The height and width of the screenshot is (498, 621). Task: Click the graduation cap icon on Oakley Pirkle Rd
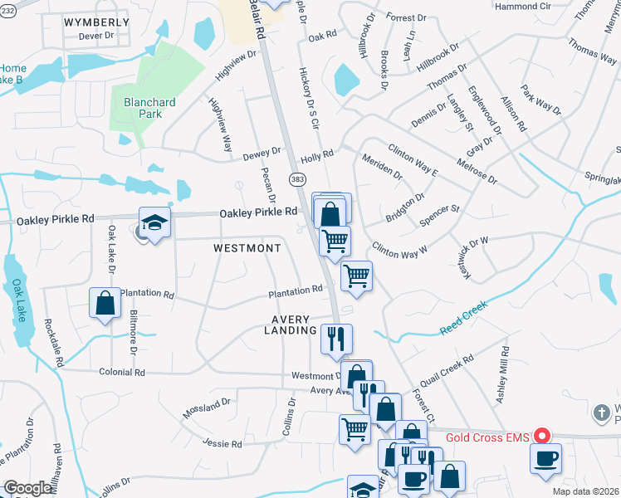coord(154,222)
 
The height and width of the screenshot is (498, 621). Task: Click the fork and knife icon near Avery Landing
coord(337,338)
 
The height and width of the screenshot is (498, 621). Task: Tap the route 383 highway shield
coord(298,179)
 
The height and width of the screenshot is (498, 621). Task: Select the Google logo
coord(28,488)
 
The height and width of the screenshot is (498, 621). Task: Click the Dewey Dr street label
coord(262,155)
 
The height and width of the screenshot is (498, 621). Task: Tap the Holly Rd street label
coord(316,154)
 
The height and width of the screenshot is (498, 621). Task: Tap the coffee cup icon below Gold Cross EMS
coord(545,459)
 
